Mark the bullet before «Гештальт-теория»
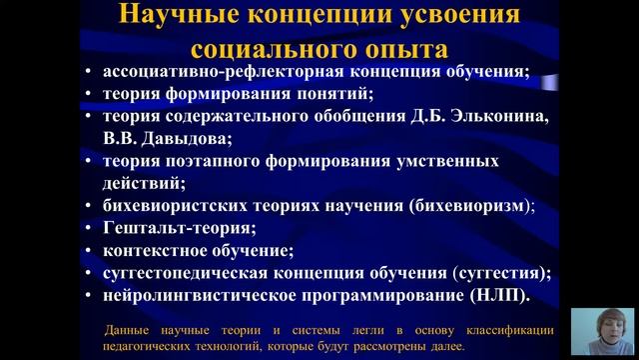91,228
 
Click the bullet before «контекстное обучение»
91,250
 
